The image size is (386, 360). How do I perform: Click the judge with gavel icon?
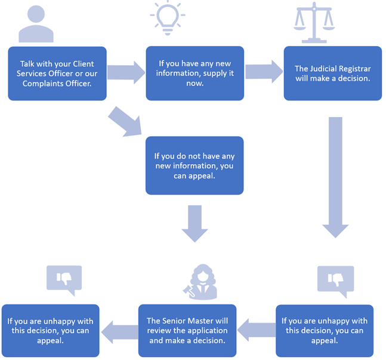tap(202, 282)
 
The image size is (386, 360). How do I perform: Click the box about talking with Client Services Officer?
tap(57, 73)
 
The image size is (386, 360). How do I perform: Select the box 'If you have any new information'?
tap(194, 73)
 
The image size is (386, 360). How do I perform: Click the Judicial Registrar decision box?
tap(332, 73)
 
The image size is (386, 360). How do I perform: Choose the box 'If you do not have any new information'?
tap(194, 165)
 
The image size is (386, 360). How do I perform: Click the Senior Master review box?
tap(188, 330)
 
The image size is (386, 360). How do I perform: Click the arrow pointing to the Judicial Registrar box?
tap(264, 72)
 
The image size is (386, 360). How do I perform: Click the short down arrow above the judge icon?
tap(194, 223)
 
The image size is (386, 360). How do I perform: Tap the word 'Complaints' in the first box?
tap(44, 84)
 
